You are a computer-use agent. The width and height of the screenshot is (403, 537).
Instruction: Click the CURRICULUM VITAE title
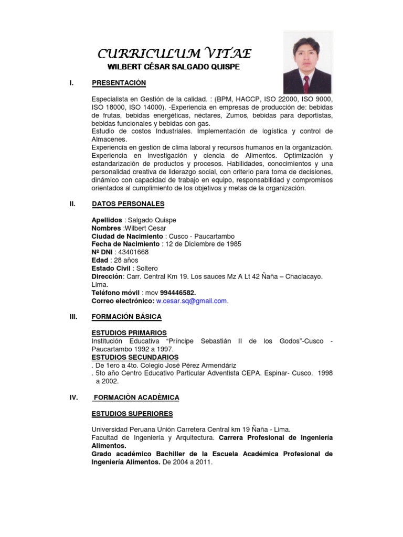click(x=175, y=53)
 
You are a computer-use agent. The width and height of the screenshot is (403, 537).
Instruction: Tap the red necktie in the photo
click(x=306, y=82)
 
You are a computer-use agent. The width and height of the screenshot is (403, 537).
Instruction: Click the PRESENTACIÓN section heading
click(x=119, y=83)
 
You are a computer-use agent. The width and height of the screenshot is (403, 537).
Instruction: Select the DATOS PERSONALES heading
click(x=128, y=204)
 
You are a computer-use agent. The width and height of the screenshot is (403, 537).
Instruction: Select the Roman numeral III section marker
click(x=73, y=317)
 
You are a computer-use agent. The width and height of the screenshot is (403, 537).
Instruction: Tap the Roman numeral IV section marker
click(x=74, y=398)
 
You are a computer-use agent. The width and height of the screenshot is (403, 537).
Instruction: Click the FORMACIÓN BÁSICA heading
click(x=126, y=317)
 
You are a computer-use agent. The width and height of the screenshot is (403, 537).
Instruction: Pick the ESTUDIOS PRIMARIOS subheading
click(x=129, y=333)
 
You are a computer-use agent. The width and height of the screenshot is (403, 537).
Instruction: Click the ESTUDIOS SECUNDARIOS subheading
click(x=135, y=357)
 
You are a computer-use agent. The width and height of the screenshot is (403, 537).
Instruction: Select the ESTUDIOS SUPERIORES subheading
click(x=132, y=414)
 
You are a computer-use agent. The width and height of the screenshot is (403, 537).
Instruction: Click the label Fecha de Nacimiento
click(x=125, y=244)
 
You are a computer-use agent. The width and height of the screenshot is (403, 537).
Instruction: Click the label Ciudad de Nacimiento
click(x=127, y=236)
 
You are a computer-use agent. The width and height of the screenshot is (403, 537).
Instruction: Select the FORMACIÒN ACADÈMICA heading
click(x=135, y=398)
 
